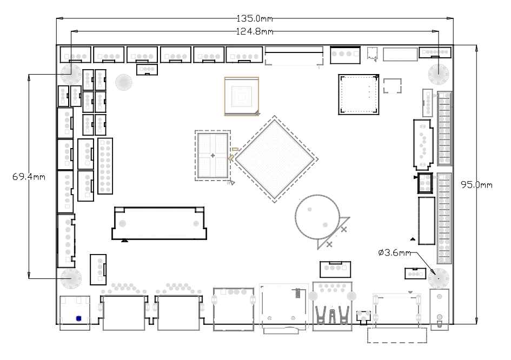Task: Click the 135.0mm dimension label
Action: pyautogui.click(x=255, y=18)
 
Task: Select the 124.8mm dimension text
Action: pyautogui.click(x=255, y=31)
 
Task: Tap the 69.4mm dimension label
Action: pyautogui.click(x=29, y=177)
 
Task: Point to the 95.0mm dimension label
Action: pyautogui.click(x=476, y=185)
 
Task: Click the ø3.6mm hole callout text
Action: pyautogui.click(x=395, y=253)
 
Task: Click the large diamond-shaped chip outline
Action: pyautogui.click(x=275, y=159)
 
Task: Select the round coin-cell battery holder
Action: pyautogui.click(x=317, y=217)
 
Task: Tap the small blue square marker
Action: pyautogui.click(x=78, y=318)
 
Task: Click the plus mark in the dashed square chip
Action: pyautogui.click(x=213, y=156)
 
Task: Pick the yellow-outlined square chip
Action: pyautogui.click(x=242, y=96)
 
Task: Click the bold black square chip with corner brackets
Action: pyautogui.click(x=359, y=95)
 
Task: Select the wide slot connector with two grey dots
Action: pyautogui.click(x=160, y=223)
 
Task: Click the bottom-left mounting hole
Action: pyautogui.click(x=71, y=278)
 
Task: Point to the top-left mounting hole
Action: pyautogui.click(x=71, y=75)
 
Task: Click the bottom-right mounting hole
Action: pyautogui.click(x=439, y=278)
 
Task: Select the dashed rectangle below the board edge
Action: pyautogui.click(x=397, y=335)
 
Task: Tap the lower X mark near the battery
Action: pyautogui.click(x=329, y=244)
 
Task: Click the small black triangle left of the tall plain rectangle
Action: pyautogui.click(x=413, y=239)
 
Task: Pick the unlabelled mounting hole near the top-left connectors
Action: pyautogui.click(x=123, y=82)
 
